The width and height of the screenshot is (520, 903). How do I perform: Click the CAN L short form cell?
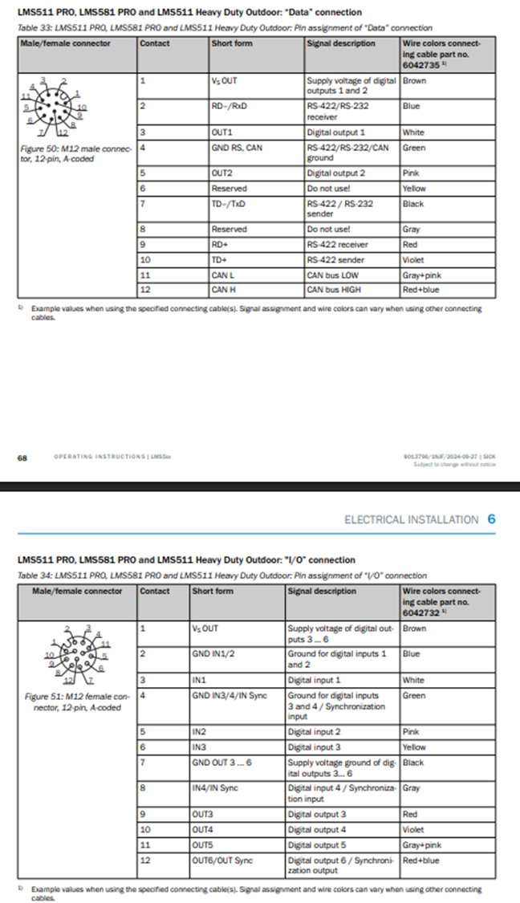click(x=222, y=275)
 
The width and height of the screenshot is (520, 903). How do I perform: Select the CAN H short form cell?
click(x=223, y=289)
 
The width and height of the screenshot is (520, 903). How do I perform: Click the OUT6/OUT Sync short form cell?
click(x=222, y=860)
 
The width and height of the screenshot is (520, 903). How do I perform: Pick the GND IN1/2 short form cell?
click(x=216, y=653)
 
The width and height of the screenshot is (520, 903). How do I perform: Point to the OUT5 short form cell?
click(x=204, y=844)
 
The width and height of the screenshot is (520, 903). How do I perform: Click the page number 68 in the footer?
click(x=22, y=458)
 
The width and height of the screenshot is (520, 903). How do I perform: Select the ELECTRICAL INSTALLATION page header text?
click(x=411, y=519)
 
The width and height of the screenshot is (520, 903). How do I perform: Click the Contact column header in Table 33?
click(x=154, y=43)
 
